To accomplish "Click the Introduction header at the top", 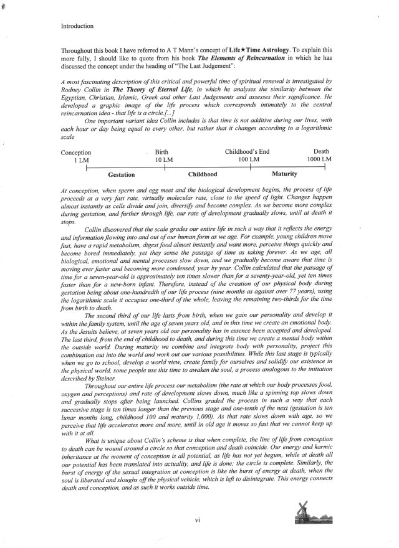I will click(82, 27).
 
